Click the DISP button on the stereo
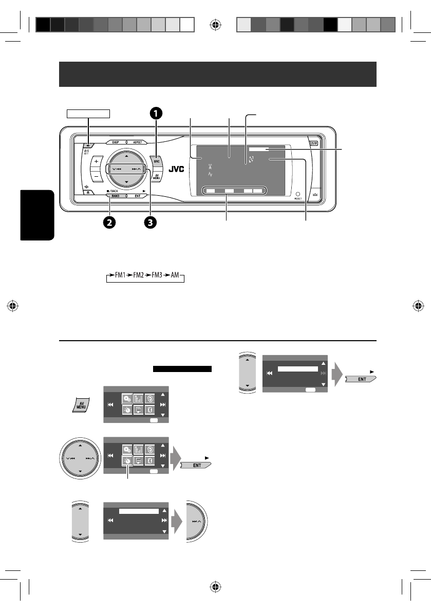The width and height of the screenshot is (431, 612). pos(116,142)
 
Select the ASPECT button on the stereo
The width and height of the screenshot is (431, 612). pos(138,142)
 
